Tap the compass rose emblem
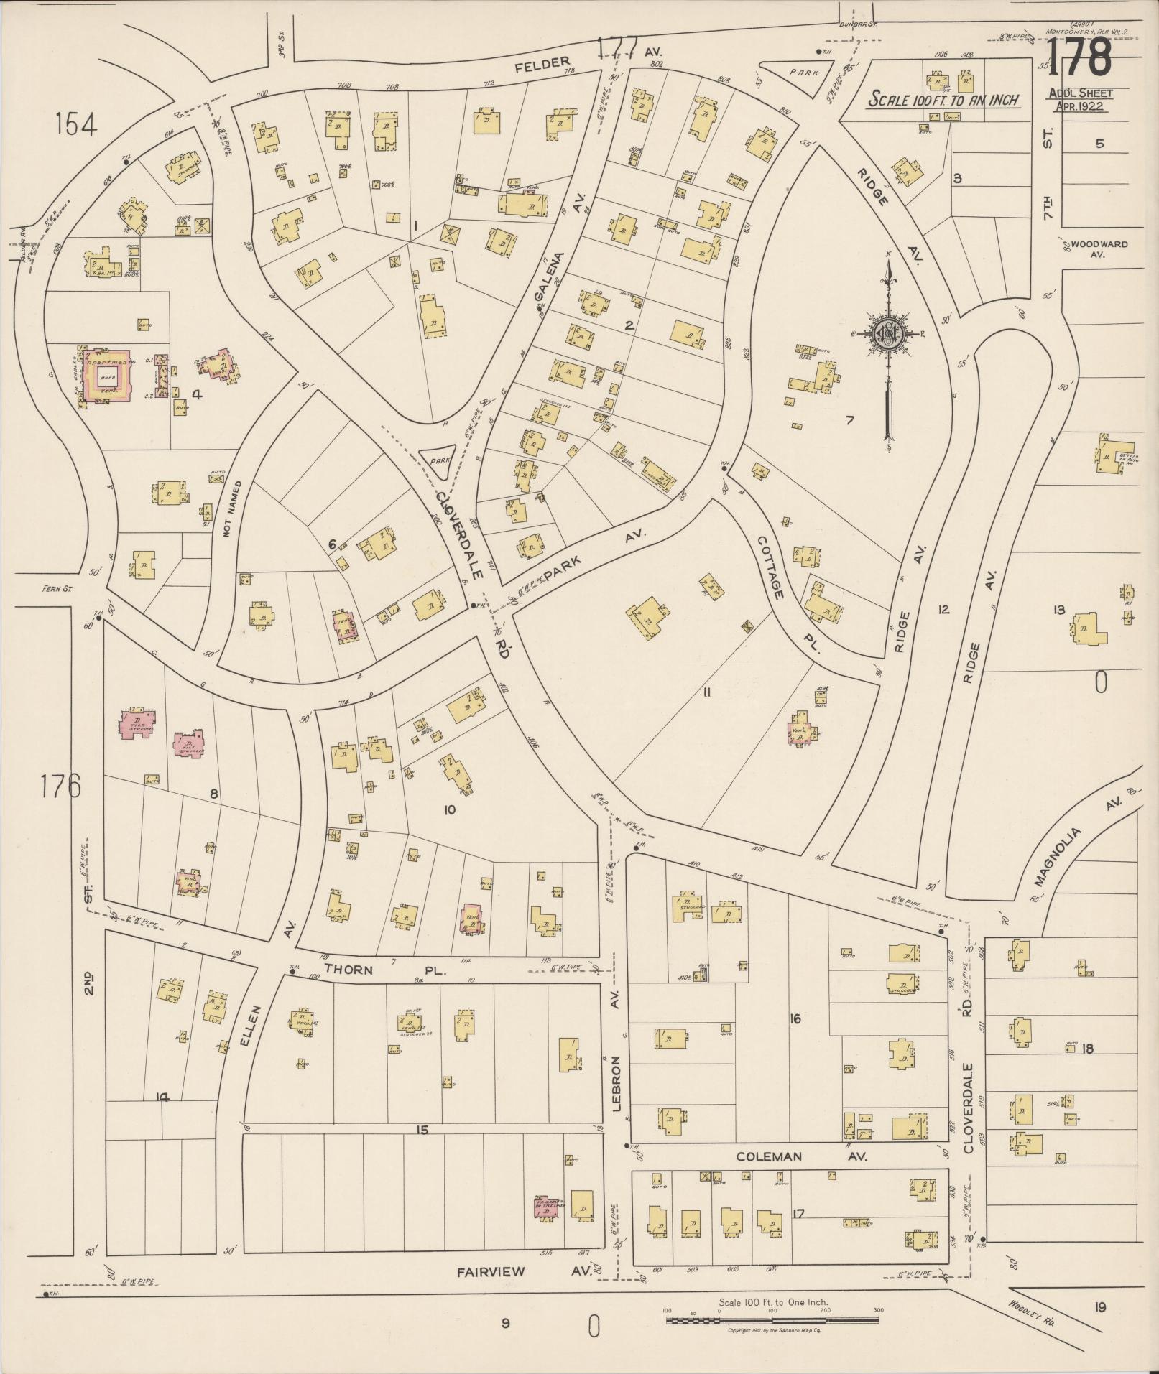[888, 333]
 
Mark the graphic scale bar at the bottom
[773, 1320]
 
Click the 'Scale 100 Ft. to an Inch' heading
[943, 99]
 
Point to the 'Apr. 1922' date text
[1080, 106]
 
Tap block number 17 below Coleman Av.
[798, 1213]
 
